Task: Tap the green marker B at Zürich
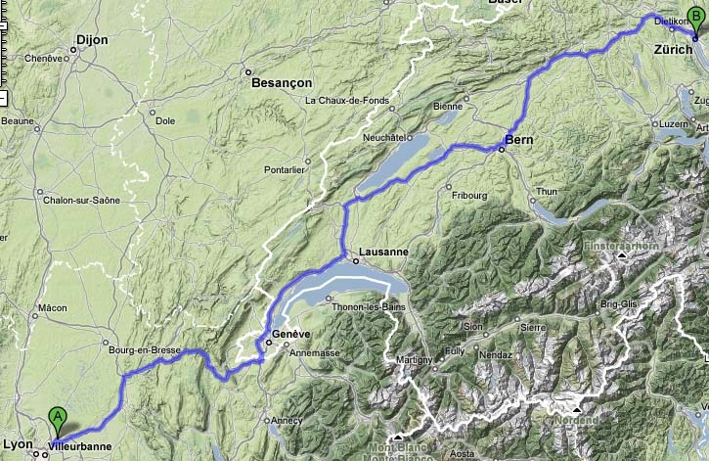[695, 16]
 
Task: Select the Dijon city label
[90, 41]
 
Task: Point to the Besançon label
[280, 83]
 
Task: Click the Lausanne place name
[383, 252]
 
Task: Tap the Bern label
[518, 140]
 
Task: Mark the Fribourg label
[469, 196]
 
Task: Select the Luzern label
[675, 123]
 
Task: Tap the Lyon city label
[19, 443]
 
